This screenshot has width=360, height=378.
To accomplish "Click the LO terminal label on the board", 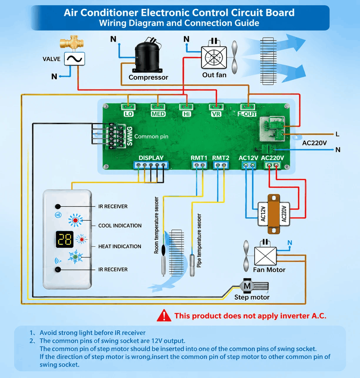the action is click(x=129, y=114).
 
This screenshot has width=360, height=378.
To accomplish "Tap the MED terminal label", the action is click(x=158, y=114).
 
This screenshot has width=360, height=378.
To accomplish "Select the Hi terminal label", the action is click(x=186, y=114).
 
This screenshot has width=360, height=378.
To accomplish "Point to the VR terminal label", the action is click(x=216, y=114).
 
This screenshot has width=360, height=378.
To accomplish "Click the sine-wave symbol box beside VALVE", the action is click(x=74, y=59).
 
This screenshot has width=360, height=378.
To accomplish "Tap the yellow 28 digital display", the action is click(x=65, y=239).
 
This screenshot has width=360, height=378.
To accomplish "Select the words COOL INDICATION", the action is click(x=120, y=226).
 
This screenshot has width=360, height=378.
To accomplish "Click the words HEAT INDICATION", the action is click(x=120, y=246).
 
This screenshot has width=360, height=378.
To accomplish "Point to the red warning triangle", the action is click(x=164, y=315).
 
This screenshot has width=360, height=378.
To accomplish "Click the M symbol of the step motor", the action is click(x=247, y=286).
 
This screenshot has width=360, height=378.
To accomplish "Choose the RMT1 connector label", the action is click(x=199, y=158).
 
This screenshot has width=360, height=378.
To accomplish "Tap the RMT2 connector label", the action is click(x=221, y=158).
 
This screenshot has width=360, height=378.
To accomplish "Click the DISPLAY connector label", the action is click(x=151, y=158).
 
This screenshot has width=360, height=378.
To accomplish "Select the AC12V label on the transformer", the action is click(x=263, y=214).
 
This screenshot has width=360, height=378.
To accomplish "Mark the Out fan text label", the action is click(x=214, y=75).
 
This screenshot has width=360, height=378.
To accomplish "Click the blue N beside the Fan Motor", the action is click(x=290, y=243).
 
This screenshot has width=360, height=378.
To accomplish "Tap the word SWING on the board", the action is click(x=130, y=136).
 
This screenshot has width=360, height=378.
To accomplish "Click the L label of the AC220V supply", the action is click(x=337, y=134).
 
